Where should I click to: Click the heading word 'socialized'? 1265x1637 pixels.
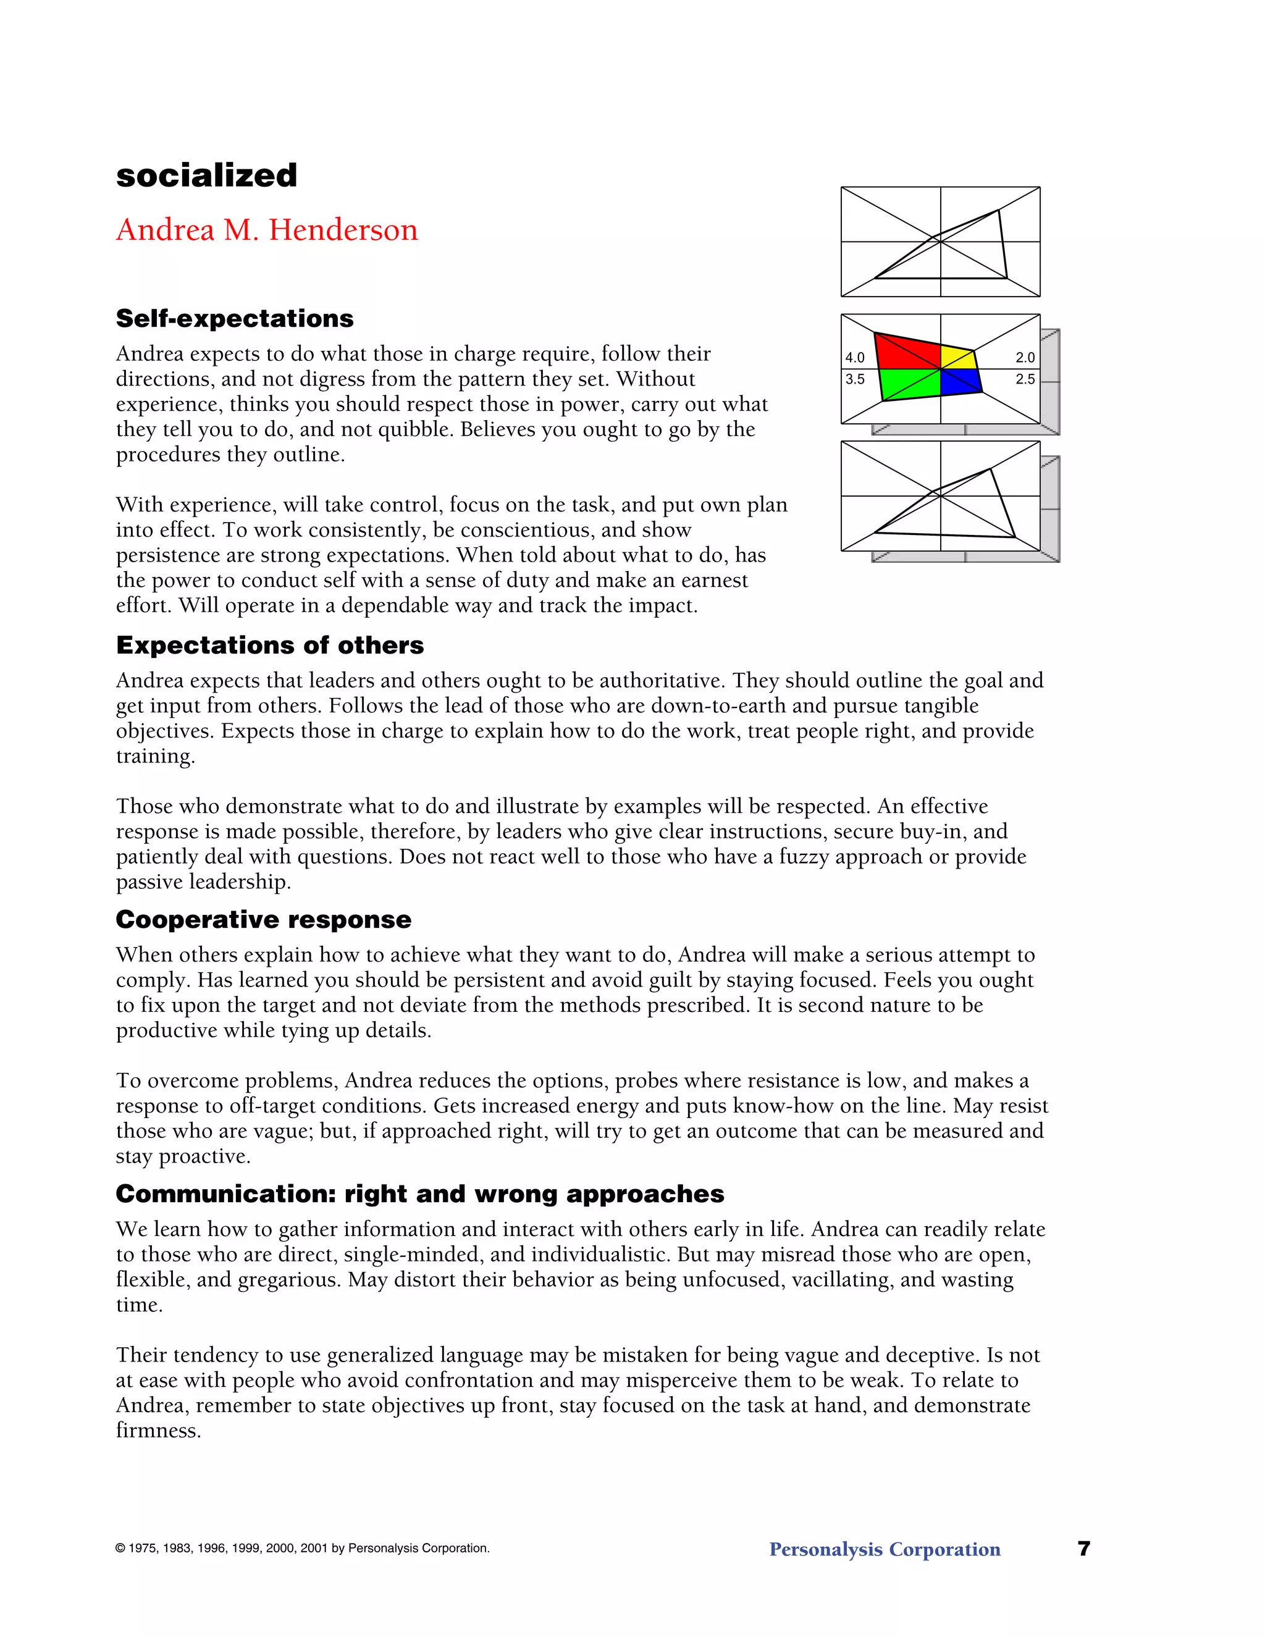coord(206,175)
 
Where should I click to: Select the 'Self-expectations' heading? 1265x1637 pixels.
coord(234,319)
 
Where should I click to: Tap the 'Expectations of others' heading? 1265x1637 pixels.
coord(270,646)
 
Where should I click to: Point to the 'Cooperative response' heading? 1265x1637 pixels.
coord(263,920)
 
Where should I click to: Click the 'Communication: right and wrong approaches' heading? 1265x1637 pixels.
coord(419,1194)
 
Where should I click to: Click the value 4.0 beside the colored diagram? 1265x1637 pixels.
coord(854,358)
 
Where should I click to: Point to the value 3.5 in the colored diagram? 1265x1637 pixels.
coord(854,379)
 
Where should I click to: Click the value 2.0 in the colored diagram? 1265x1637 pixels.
coord(1025,358)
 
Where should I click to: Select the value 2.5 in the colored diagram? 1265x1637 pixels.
coord(1025,379)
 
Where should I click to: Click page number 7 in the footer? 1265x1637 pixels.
coord(1083,1549)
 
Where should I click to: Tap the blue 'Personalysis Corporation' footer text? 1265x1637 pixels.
coord(885,1549)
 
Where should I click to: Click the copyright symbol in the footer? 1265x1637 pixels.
coord(120,1549)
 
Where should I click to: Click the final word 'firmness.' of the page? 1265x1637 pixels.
coord(158,1431)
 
